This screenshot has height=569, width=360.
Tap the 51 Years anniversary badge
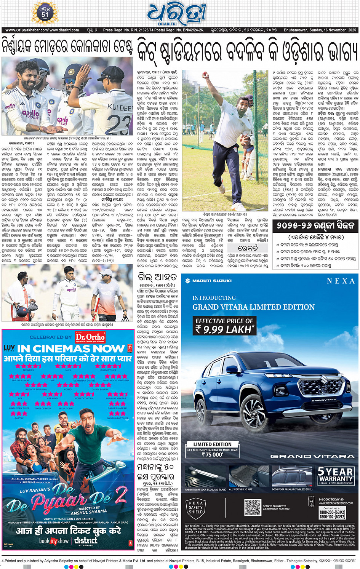click(45, 13)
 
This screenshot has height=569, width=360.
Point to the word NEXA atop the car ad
click(340, 281)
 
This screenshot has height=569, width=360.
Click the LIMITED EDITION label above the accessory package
click(212, 444)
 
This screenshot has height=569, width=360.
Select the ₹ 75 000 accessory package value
click(212, 454)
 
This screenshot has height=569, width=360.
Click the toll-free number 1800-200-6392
click(332, 512)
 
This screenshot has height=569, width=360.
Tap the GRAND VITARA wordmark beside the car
click(312, 456)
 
